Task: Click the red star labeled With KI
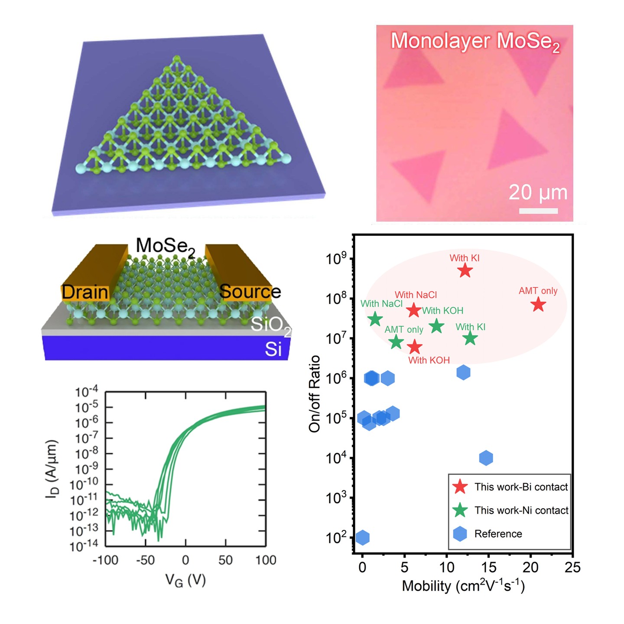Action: click(465, 271)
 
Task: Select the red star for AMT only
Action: click(538, 305)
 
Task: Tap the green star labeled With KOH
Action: click(437, 326)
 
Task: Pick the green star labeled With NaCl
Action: click(375, 319)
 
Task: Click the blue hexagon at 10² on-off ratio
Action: click(363, 538)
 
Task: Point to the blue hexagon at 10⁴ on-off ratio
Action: click(486, 458)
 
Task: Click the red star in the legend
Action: click(460, 487)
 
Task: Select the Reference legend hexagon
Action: click(460, 534)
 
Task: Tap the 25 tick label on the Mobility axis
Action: click(572, 567)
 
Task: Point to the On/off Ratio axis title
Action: click(314, 393)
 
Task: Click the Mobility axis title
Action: click(463, 586)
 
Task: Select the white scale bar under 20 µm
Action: click(538, 211)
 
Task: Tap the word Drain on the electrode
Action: click(85, 292)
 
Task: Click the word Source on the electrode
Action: click(250, 292)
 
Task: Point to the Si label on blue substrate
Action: click(273, 349)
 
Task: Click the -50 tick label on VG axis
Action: click(145, 560)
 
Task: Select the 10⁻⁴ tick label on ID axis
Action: click(87, 392)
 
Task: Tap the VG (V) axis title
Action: click(185, 581)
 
